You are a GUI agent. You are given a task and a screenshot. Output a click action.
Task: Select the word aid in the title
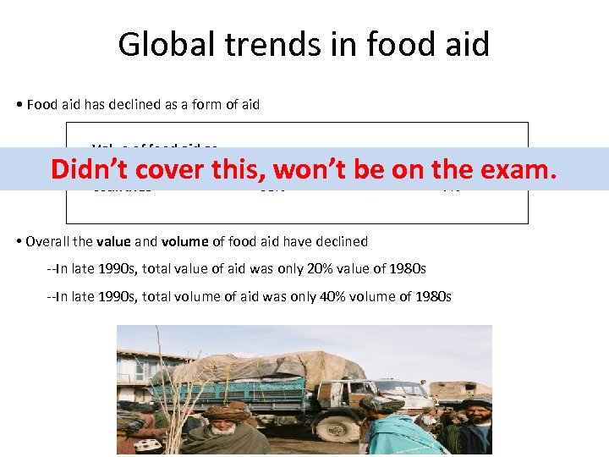(x=464, y=44)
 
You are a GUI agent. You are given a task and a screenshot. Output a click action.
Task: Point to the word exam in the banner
(x=514, y=169)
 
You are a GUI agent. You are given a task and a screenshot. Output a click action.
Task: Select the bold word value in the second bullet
(x=113, y=241)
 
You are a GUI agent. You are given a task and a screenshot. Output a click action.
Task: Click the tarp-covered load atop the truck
(x=279, y=367)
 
